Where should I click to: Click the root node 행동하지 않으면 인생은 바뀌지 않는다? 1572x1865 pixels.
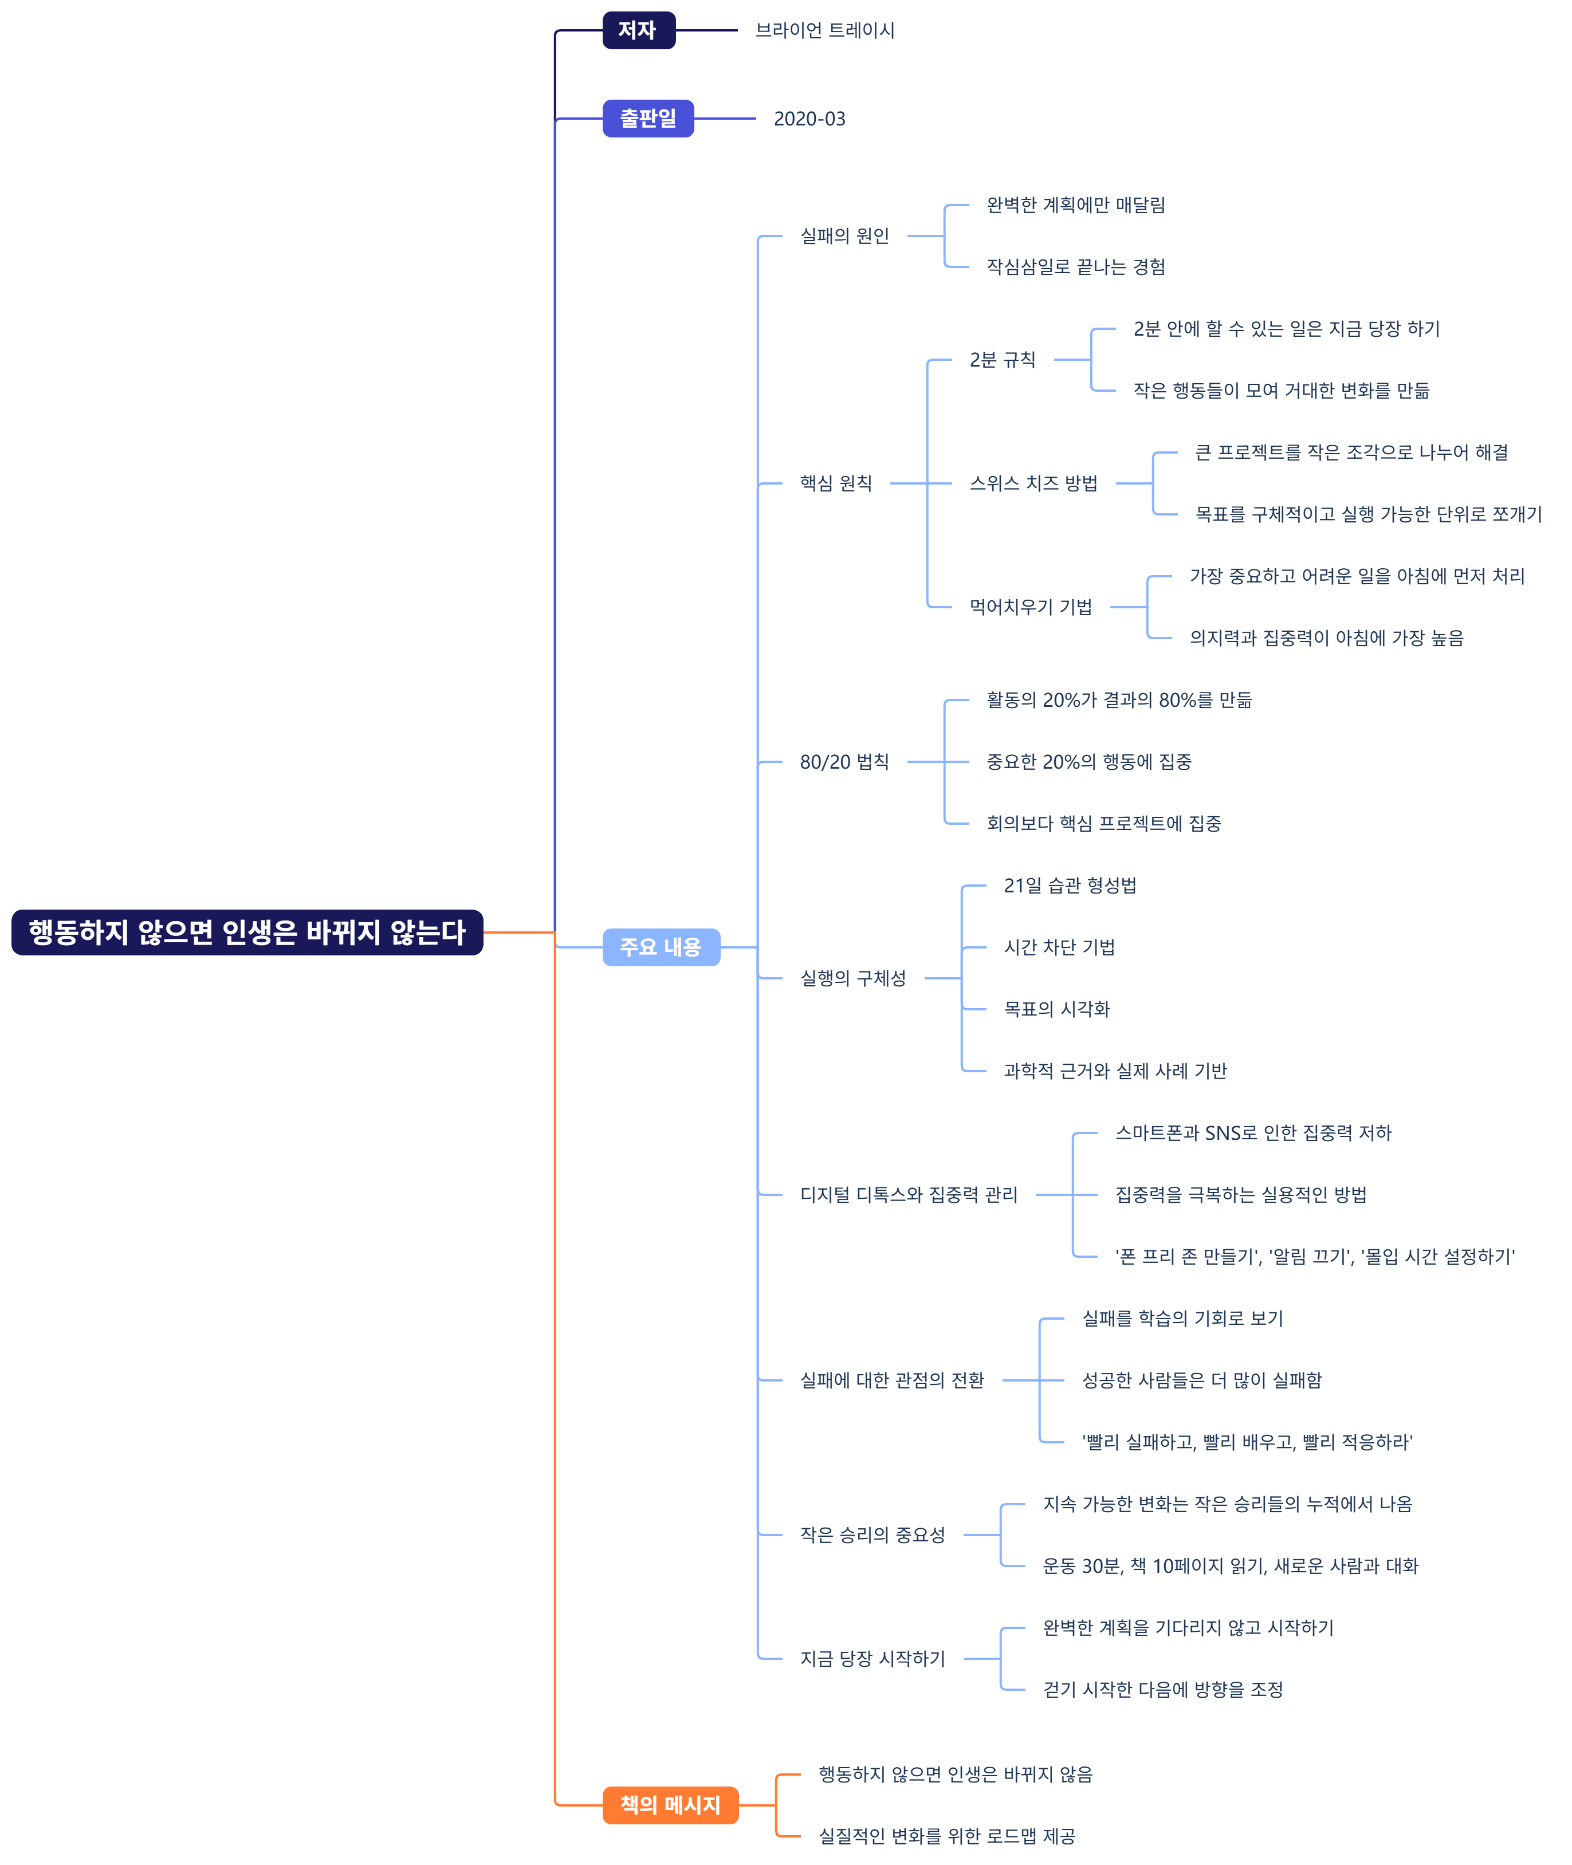click(247, 932)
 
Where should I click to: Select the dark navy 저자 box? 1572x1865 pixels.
click(638, 30)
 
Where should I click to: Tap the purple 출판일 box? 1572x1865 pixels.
click(648, 119)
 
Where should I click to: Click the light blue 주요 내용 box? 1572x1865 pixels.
click(661, 947)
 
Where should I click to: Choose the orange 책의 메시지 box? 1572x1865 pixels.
click(670, 1805)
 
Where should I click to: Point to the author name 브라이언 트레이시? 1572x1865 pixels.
click(824, 30)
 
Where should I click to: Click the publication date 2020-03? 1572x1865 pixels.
click(809, 119)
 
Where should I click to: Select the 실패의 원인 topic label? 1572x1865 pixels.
click(844, 236)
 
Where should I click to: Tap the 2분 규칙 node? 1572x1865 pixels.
click(1003, 360)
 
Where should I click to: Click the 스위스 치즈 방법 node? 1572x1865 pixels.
click(1033, 484)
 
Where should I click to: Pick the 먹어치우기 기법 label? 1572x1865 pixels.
click(1030, 607)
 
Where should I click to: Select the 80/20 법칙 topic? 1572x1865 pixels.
click(844, 762)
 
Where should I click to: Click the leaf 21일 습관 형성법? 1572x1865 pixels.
click(1070, 886)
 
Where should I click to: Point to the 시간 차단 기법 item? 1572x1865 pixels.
click(1059, 947)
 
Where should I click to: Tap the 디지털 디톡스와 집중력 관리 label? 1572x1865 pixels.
click(908, 1195)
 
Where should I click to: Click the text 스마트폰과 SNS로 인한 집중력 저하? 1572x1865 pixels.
click(1253, 1134)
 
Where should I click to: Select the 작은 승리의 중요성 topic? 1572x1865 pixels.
click(871, 1535)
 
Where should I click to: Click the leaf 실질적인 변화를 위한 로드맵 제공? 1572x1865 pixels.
click(946, 1836)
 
